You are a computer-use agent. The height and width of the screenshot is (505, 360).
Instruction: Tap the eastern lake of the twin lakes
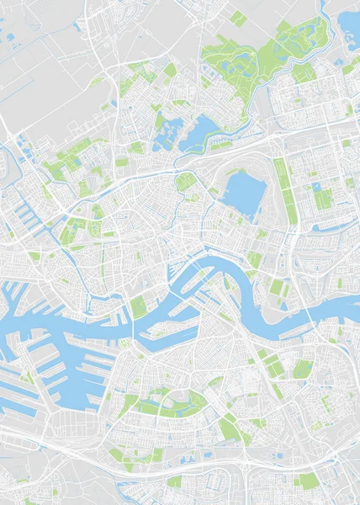tap(203, 130)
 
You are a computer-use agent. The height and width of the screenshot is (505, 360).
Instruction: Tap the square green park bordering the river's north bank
tap(138, 308)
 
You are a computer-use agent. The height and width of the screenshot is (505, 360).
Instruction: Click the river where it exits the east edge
tap(349, 313)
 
